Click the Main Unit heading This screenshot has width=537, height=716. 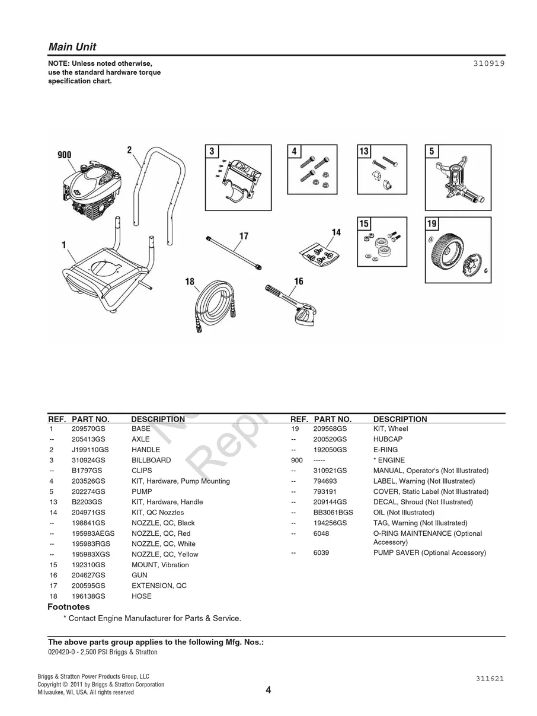72,47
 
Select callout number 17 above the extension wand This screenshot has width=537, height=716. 244,236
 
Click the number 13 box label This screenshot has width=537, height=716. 364,151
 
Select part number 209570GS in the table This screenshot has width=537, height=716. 88,429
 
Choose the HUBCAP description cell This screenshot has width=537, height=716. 388,439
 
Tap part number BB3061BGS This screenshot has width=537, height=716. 333,513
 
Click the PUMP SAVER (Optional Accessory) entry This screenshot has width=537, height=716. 429,553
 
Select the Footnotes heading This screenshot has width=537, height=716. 69,607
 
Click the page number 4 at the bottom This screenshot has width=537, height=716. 268,690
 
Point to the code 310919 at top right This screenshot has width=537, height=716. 488,62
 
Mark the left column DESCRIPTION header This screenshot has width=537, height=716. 158,419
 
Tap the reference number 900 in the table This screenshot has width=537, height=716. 296,460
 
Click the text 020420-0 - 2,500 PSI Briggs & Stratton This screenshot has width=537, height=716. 103,652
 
